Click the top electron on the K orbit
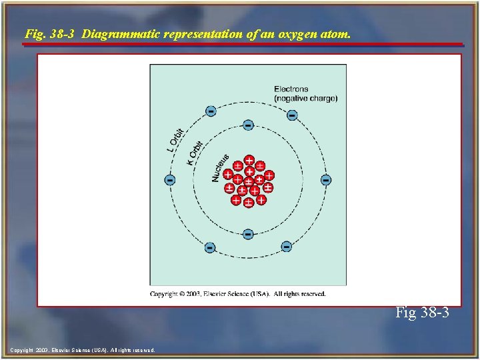(248, 125)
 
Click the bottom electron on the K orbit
(248, 234)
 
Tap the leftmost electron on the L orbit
(171, 180)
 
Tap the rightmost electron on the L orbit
(325, 180)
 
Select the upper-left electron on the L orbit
(211, 111)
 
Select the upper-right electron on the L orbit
(292, 115)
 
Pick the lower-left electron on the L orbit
(210, 247)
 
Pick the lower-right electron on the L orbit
(286, 247)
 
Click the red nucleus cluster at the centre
(248, 181)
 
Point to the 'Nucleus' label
(220, 167)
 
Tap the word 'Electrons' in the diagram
(291, 89)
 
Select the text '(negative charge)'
(305, 98)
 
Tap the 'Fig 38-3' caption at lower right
(422, 312)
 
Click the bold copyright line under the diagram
(238, 293)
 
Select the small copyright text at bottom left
(83, 350)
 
